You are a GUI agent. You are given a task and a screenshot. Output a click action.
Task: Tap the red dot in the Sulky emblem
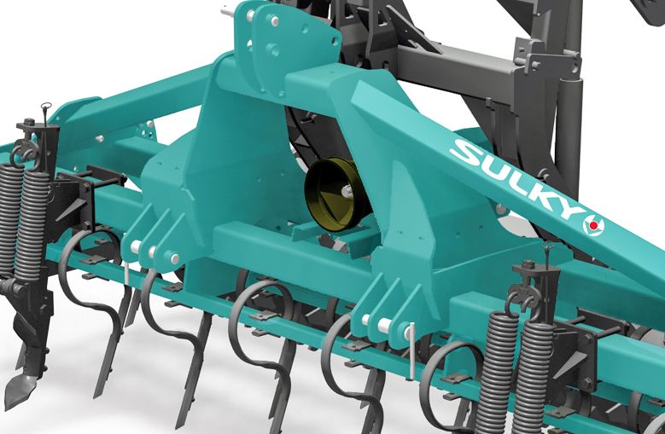pyautogui.click(x=594, y=225)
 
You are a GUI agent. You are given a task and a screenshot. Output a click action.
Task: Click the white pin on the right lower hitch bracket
pyautogui.click(x=385, y=325)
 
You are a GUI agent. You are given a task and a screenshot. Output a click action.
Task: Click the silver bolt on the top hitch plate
pyautogui.click(x=274, y=20)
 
